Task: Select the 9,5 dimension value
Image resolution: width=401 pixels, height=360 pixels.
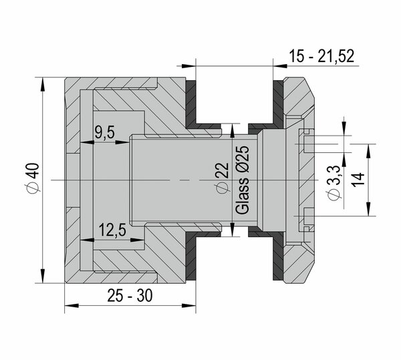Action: coord(105,132)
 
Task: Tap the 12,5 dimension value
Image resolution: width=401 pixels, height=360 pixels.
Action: coord(113,230)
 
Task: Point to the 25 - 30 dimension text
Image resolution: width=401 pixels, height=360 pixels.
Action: coord(130,296)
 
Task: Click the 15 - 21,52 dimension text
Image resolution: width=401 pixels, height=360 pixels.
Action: coord(321,56)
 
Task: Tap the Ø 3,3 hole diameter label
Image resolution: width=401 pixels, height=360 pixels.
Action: coord(334,183)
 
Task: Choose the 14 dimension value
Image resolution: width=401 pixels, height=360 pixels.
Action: coord(358,180)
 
